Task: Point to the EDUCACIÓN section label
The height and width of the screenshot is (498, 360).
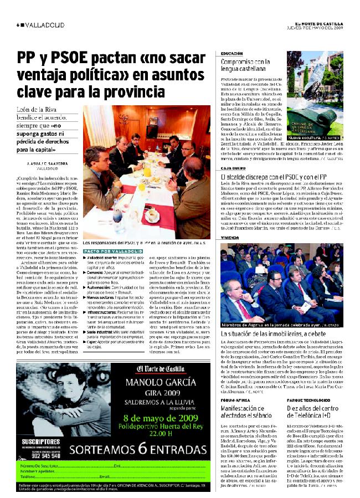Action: click(227, 54)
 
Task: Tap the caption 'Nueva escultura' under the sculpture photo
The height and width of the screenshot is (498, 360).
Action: click(306, 136)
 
